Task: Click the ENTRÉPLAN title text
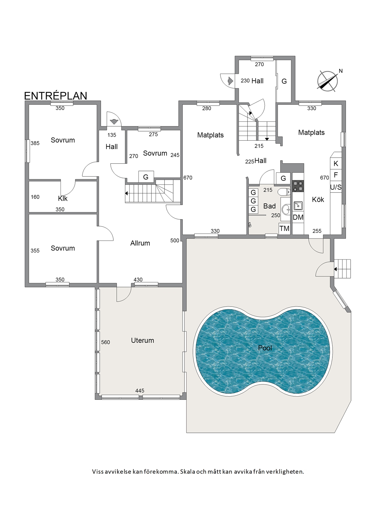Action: click(x=56, y=96)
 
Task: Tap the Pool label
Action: click(x=265, y=348)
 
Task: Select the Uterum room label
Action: click(x=143, y=340)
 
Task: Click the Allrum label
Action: click(x=140, y=243)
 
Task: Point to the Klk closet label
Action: click(x=63, y=198)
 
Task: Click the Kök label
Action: click(x=318, y=199)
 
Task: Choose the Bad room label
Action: click(x=270, y=206)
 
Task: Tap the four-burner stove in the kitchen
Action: click(x=298, y=186)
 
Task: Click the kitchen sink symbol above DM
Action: click(x=298, y=206)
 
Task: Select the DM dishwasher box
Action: click(x=298, y=217)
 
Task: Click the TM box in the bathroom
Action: click(x=284, y=228)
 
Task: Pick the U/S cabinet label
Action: click(x=336, y=187)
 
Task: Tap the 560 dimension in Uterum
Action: click(x=105, y=342)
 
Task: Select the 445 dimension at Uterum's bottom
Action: click(x=140, y=391)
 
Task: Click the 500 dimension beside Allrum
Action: click(x=175, y=241)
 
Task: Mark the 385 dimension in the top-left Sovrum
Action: click(x=35, y=143)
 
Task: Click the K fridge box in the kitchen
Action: click(x=336, y=163)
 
